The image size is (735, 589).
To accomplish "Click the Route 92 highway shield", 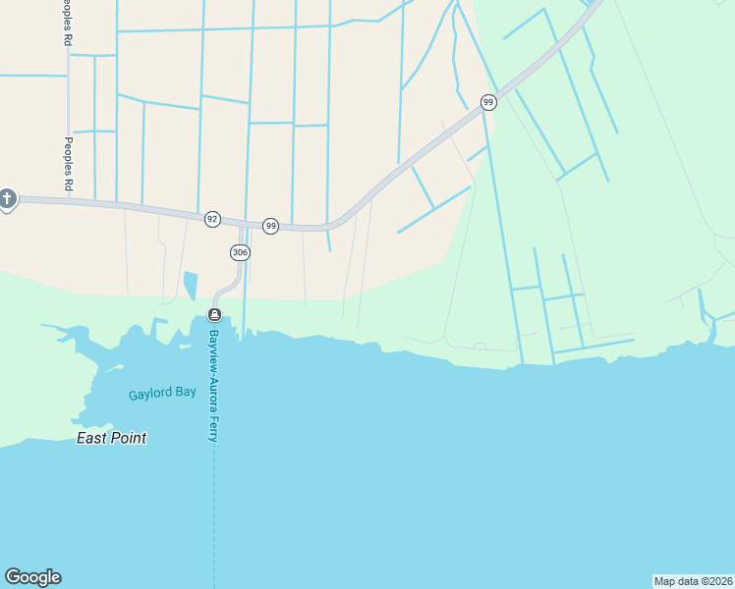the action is point(212,219).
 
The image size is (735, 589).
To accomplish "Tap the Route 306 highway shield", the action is point(240,252).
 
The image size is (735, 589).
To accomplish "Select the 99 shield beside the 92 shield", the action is point(271,226).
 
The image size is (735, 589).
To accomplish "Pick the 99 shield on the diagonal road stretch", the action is point(487,102).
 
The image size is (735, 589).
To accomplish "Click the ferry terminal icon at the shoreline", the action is point(214,314).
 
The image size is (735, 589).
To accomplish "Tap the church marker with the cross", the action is point(7,200).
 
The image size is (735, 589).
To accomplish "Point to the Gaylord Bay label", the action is point(162,395).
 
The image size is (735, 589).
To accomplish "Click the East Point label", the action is point(112,438).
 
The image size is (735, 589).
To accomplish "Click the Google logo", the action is point(32,577).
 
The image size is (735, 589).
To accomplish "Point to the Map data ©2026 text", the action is point(694,581).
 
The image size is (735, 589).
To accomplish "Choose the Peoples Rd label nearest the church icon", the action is point(68,162).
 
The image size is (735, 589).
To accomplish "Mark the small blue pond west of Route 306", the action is point(190,286).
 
